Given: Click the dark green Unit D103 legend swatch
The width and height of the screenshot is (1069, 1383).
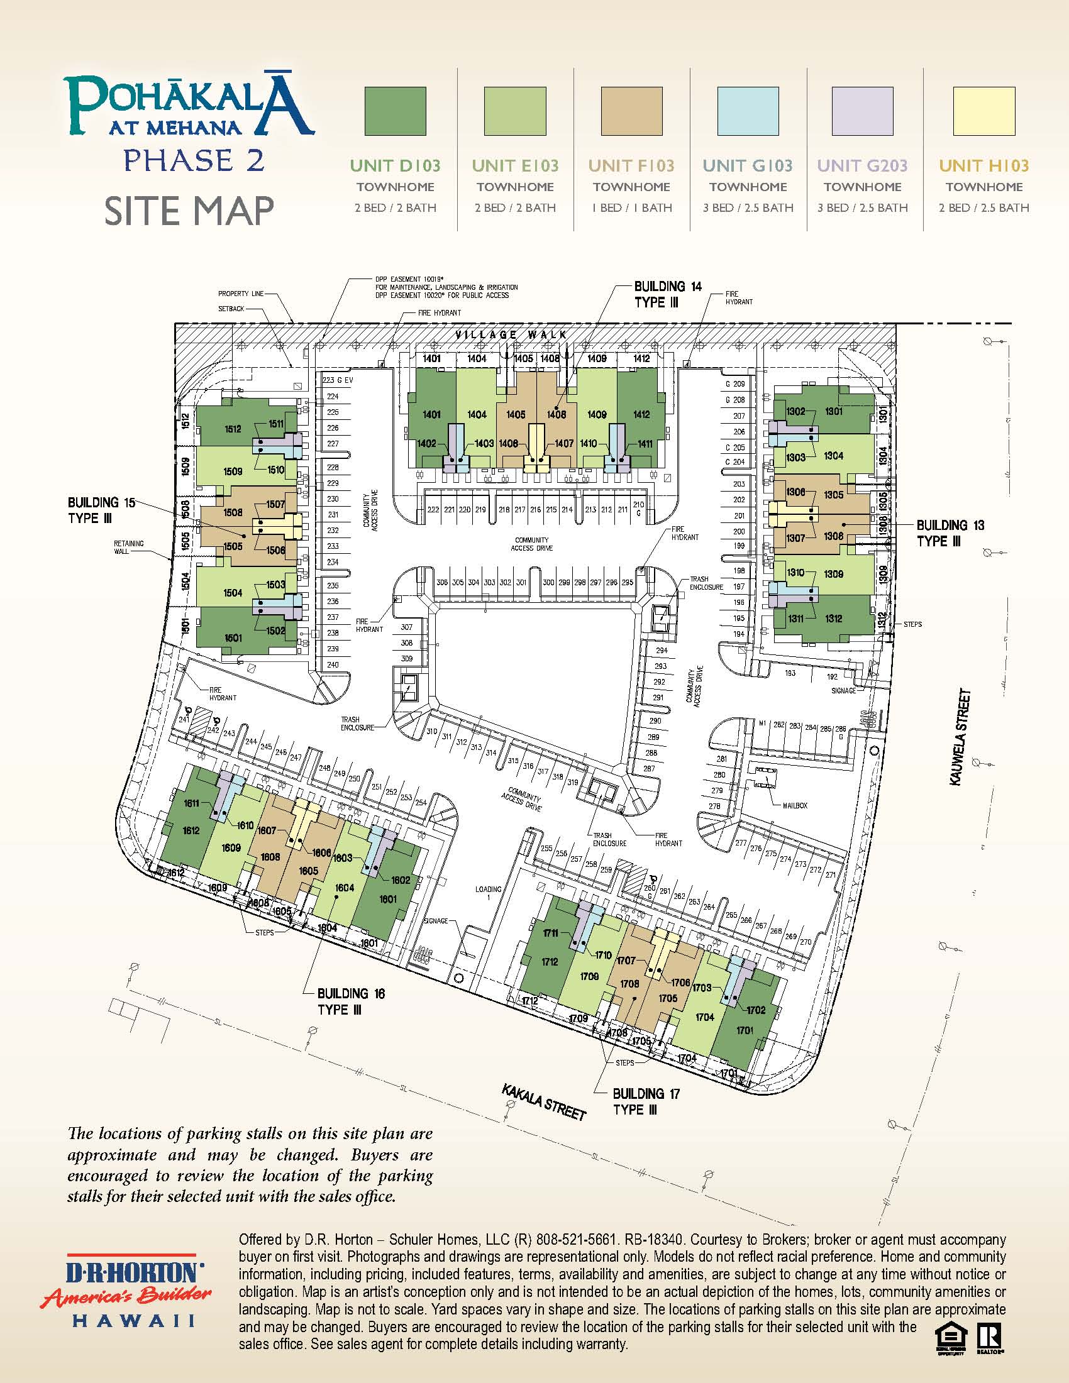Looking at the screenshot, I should pos(394,111).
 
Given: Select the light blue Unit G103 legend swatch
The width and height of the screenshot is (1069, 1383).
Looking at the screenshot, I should pos(748,111).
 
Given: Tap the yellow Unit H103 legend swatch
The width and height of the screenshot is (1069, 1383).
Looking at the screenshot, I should pos(983,111).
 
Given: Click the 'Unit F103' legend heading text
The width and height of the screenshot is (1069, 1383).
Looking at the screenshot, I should pos(631,166).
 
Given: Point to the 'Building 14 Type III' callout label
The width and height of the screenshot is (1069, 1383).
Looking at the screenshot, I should pos(667,294).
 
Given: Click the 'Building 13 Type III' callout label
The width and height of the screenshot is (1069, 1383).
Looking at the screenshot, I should pos(950,533).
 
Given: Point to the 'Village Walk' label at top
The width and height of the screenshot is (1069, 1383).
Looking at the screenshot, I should pos(511,334).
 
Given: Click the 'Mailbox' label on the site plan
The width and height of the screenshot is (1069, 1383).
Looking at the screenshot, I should pos(795,805).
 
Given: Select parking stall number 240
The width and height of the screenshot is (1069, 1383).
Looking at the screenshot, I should pos(333,665).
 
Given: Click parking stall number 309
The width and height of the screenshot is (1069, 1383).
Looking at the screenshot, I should pos(407,659).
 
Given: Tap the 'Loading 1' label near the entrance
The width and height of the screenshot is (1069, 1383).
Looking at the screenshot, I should pos(488,893).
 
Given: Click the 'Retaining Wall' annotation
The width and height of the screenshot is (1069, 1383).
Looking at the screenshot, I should pos(128,547).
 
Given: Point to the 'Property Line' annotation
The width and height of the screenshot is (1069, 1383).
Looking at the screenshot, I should pos(240,294).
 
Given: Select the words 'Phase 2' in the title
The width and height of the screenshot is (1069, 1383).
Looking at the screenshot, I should pos(194,160).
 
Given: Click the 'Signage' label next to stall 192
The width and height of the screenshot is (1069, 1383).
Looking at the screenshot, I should pos(843,690).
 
